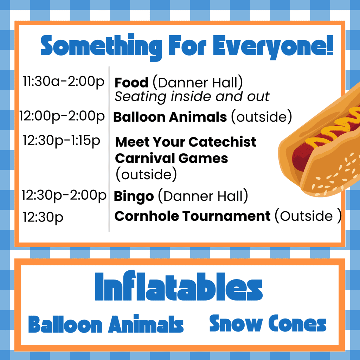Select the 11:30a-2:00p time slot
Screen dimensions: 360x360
coord(64,82)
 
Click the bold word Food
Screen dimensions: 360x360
coord(131,83)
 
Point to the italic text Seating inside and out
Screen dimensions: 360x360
coord(192,96)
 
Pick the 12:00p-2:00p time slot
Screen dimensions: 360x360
coord(62,116)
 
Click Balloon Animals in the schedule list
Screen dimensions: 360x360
coord(170,117)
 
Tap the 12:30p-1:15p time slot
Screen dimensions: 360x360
coord(61,141)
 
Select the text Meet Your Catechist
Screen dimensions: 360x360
coord(186,142)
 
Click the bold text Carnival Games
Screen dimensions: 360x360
coord(171,158)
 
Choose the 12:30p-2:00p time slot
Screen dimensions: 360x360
coord(64,195)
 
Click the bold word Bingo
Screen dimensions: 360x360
coord(134,197)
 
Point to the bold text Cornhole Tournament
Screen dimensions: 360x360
coord(192,216)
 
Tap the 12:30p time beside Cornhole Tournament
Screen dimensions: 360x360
coord(43,217)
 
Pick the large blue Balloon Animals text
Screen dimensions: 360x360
coord(106,324)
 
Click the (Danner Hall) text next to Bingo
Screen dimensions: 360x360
coord(203,196)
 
